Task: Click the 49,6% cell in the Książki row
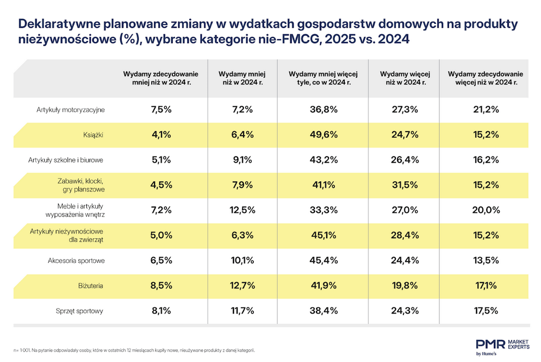click(x=324, y=134)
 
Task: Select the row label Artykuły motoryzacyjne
click(x=70, y=110)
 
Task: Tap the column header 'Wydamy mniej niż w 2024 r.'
click(x=242, y=78)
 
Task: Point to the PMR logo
click(x=502, y=347)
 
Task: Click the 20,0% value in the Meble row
click(x=486, y=210)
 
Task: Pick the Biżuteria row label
click(x=90, y=286)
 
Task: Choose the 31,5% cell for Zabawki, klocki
click(x=405, y=185)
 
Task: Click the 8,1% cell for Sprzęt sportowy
click(x=161, y=311)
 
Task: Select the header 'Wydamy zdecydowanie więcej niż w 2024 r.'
click(x=486, y=78)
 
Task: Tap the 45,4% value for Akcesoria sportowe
click(x=324, y=260)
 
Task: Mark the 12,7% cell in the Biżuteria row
click(x=242, y=286)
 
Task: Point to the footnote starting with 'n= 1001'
click(x=134, y=350)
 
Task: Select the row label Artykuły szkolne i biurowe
click(x=66, y=160)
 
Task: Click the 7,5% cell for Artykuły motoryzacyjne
click(x=161, y=109)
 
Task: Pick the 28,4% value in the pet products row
click(x=405, y=235)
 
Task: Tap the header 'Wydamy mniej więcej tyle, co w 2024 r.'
click(x=323, y=78)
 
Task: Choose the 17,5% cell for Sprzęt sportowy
click(x=486, y=311)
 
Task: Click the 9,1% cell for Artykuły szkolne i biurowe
click(x=242, y=160)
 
